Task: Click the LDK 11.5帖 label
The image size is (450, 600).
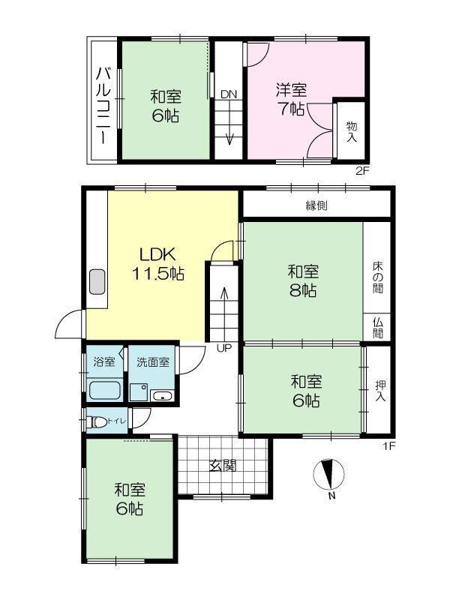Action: (x=157, y=264)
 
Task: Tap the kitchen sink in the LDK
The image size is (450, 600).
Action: (x=97, y=282)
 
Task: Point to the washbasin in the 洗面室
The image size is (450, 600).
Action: (x=163, y=396)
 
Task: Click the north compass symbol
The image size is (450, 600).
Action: (x=328, y=474)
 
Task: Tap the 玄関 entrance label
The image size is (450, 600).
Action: (x=223, y=466)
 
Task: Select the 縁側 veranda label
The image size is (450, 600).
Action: (x=316, y=205)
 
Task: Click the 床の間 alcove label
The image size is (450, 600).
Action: (x=378, y=277)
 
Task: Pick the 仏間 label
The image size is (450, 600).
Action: (x=378, y=328)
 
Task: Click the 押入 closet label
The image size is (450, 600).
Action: (x=380, y=391)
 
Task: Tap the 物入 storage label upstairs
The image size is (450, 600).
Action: (x=352, y=132)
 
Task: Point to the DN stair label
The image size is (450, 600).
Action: (x=229, y=94)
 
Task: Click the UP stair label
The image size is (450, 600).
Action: (x=224, y=348)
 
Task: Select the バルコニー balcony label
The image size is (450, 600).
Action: (x=103, y=106)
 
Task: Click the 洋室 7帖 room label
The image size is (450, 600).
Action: (x=292, y=100)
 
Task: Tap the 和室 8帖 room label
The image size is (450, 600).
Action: (x=303, y=281)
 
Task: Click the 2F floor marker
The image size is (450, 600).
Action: (x=362, y=171)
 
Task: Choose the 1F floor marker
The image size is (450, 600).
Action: (x=389, y=445)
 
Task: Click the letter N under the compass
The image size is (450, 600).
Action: (x=331, y=496)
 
